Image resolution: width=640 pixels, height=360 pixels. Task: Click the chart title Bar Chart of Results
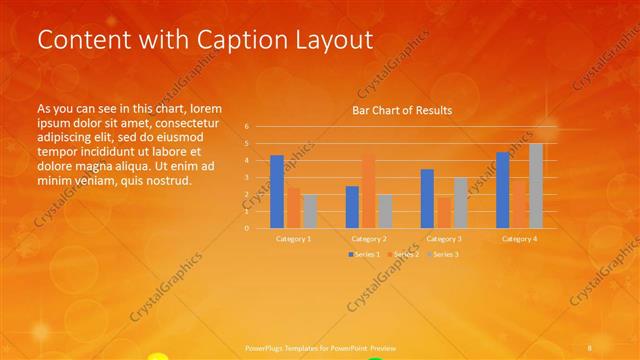(x=401, y=110)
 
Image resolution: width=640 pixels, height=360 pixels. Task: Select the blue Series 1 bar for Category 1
(x=277, y=191)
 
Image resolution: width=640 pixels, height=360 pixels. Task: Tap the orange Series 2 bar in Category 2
(x=368, y=191)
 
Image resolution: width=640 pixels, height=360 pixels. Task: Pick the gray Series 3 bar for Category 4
(x=536, y=186)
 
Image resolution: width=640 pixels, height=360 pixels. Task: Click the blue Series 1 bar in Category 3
(x=427, y=198)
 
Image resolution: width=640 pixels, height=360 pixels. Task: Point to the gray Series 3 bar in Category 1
(x=310, y=211)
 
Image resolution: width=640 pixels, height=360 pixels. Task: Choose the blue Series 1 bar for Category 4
(x=503, y=190)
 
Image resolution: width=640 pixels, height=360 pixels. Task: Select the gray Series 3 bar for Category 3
(x=460, y=203)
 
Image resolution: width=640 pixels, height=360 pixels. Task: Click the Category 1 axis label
(x=293, y=239)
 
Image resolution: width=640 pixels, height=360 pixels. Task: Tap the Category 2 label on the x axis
(x=369, y=239)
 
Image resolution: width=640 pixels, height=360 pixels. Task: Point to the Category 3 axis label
(x=444, y=239)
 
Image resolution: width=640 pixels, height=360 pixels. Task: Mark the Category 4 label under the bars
(x=519, y=239)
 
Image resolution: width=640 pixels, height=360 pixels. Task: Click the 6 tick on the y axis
(x=246, y=127)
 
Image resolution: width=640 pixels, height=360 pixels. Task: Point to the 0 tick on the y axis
(x=246, y=228)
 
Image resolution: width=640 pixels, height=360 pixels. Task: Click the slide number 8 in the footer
(x=591, y=346)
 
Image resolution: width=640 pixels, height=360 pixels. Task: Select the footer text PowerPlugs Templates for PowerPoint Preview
(x=314, y=346)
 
